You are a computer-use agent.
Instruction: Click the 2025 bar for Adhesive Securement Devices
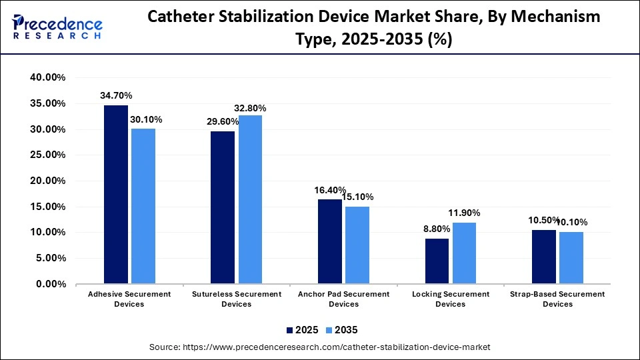tap(116, 194)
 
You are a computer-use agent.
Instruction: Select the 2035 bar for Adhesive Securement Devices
tap(143, 206)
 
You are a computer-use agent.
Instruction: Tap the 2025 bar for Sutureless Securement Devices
tap(223, 207)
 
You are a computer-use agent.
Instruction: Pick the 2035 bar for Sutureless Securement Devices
tap(250, 199)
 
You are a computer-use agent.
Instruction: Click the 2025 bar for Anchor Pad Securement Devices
tap(330, 241)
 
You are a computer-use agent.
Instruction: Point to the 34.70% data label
tap(116, 95)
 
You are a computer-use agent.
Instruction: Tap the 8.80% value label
tap(437, 229)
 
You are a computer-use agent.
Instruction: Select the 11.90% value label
tap(464, 213)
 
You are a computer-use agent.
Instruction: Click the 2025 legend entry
tap(304, 330)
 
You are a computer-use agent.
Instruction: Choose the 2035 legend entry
tap(343, 330)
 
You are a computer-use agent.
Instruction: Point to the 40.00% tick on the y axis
tap(47, 77)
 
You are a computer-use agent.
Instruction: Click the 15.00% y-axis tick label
tap(47, 207)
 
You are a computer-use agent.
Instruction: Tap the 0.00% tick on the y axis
tap(49, 284)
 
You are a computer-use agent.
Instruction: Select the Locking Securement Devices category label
tap(451, 299)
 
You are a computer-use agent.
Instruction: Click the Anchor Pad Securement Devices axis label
tap(343, 299)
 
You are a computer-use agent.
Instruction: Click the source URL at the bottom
tap(320, 347)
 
